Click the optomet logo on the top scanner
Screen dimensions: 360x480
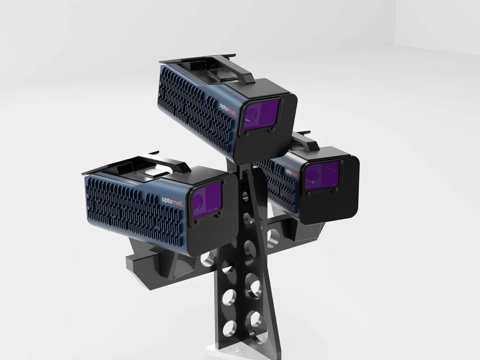coord(228,108)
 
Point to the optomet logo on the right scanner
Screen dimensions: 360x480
coord(291,171)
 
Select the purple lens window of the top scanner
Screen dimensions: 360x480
coord(261,115)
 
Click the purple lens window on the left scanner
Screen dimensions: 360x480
coord(207,200)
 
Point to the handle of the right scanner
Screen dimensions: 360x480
coord(308,142)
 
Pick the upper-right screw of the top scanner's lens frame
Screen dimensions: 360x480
coord(281,101)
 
